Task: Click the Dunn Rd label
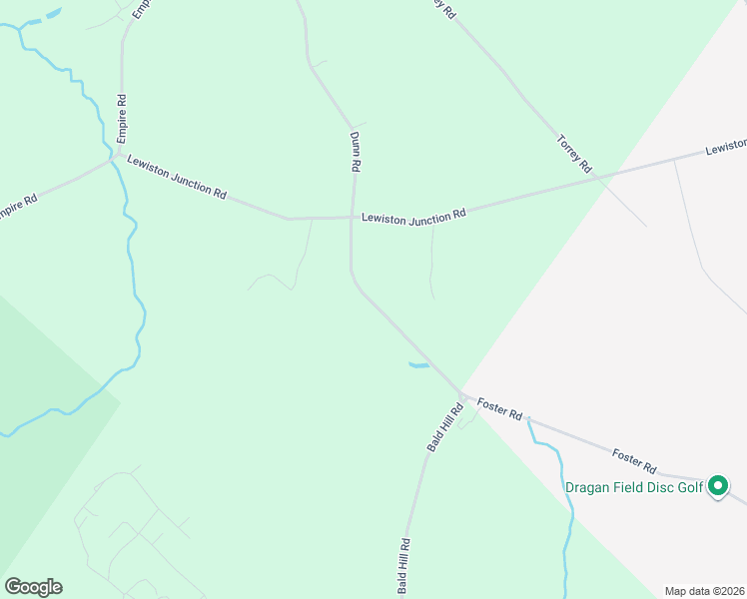pyautogui.click(x=355, y=153)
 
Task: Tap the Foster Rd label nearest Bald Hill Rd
pyautogui.click(x=499, y=408)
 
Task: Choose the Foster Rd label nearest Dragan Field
pyautogui.click(x=635, y=460)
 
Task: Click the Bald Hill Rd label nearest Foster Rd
pyautogui.click(x=445, y=427)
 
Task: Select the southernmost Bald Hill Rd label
pyautogui.click(x=405, y=566)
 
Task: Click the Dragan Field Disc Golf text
pyautogui.click(x=634, y=488)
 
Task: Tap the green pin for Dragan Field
pyautogui.click(x=717, y=487)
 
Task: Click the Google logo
pyautogui.click(x=33, y=587)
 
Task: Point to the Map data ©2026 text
pyautogui.click(x=704, y=591)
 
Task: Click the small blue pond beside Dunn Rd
pyautogui.click(x=419, y=365)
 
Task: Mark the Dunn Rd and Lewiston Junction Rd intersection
pyautogui.click(x=351, y=217)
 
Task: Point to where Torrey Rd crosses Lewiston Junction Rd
pyautogui.click(x=596, y=176)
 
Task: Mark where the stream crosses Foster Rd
pyautogui.click(x=528, y=419)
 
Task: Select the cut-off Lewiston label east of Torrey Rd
pyautogui.click(x=726, y=147)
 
